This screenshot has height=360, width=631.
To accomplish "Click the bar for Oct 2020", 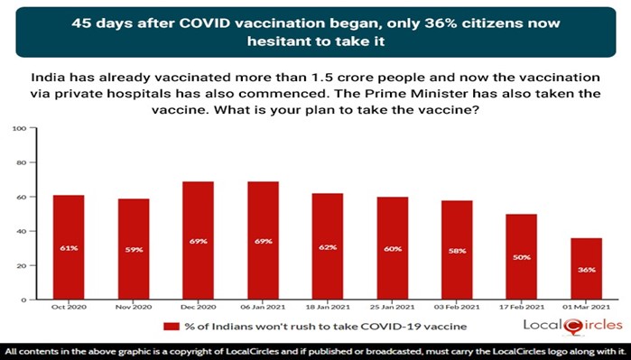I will coord(69,247).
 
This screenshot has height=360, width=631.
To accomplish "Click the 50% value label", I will coord(521,257).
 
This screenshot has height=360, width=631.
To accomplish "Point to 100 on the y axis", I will coord(19,129).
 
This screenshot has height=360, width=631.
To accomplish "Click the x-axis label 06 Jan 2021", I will coord(263,307).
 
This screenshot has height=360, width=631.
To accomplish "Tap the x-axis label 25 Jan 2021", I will coord(393,307).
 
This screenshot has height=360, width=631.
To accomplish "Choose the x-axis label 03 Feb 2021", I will coord(457,307).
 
